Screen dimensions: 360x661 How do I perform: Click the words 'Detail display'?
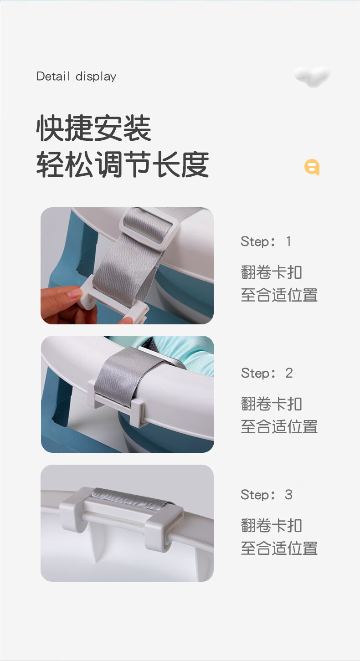pos(77,77)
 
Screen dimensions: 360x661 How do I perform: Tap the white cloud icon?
pos(312,76)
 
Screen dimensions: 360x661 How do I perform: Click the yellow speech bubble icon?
pos(312,167)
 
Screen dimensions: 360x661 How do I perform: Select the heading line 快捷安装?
pos(93,128)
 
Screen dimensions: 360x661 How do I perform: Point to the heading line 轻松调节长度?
pos(123,164)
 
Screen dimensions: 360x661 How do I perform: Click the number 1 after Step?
pos(288,241)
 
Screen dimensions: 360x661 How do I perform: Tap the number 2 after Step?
pos(289,373)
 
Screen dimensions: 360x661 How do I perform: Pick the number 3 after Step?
pos(288,495)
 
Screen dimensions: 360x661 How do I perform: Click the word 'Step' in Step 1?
pos(255,242)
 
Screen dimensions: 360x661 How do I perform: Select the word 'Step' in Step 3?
pos(255,495)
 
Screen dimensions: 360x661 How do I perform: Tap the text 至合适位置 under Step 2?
pos(279,427)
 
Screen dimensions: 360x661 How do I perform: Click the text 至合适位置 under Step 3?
pos(279,548)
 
